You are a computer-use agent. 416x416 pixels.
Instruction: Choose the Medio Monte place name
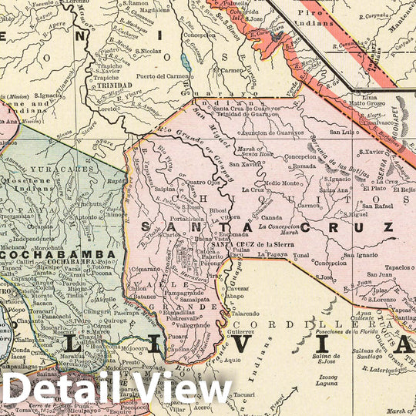283,183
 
